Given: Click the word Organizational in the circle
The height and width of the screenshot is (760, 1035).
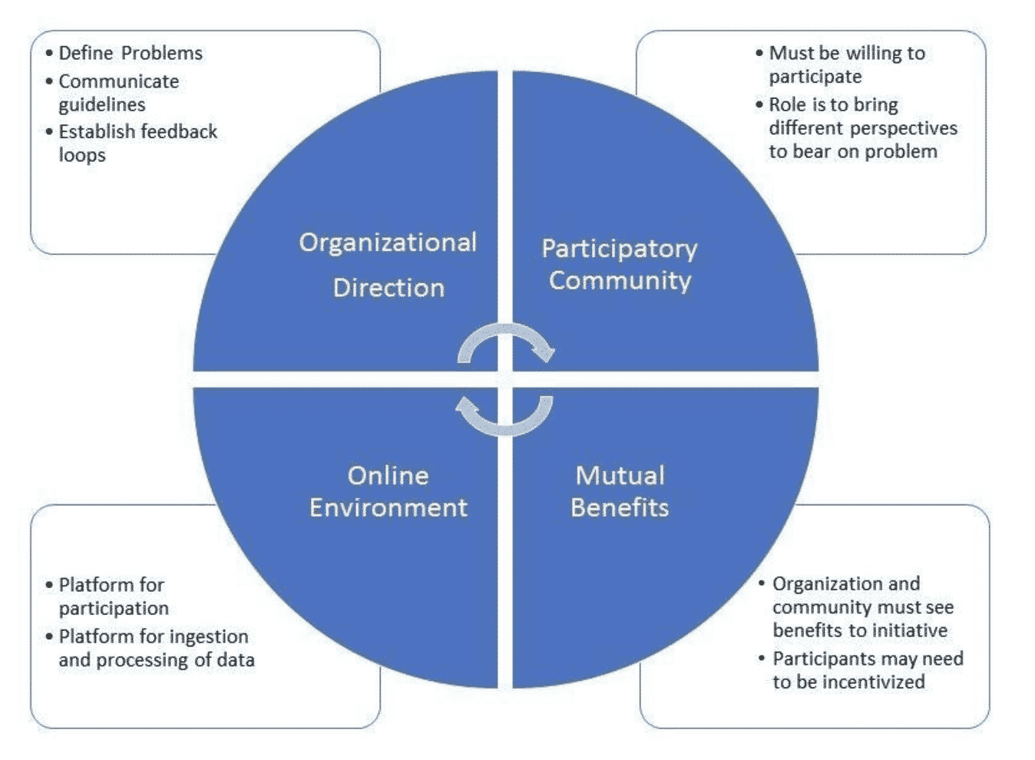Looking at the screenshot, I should (388, 243).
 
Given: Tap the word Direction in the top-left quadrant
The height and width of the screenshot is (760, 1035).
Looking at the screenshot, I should (389, 288).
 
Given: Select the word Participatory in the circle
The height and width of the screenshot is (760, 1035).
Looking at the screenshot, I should (620, 249).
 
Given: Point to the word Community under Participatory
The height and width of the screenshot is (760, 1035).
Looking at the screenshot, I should (620, 280).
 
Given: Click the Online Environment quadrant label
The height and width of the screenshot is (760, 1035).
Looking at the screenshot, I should (388, 491).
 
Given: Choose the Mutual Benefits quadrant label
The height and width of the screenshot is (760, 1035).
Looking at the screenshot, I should (620, 491).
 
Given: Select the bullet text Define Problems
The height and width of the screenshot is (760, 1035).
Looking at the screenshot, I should (131, 53).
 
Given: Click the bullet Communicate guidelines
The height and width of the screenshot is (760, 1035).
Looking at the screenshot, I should (118, 92).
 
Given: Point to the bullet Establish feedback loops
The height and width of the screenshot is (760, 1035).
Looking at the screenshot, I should (137, 143).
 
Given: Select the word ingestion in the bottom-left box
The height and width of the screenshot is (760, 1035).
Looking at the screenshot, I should (208, 636).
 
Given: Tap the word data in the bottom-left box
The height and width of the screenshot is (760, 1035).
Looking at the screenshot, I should (235, 659).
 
